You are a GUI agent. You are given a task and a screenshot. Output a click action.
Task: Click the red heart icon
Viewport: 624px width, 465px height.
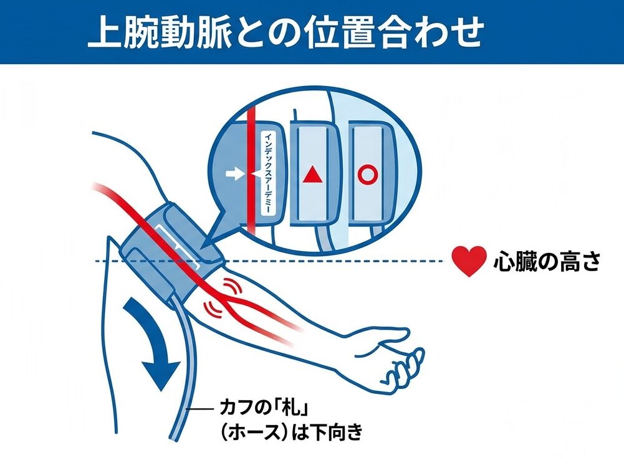pyautogui.click(x=469, y=261)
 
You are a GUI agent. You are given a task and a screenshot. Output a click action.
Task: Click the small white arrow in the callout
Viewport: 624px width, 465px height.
pyautogui.click(x=234, y=174)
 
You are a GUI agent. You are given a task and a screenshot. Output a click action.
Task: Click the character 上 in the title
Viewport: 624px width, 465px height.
pyautogui.click(x=104, y=32)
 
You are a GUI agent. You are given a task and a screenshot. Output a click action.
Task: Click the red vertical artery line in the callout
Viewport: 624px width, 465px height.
pyautogui.click(x=251, y=171)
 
